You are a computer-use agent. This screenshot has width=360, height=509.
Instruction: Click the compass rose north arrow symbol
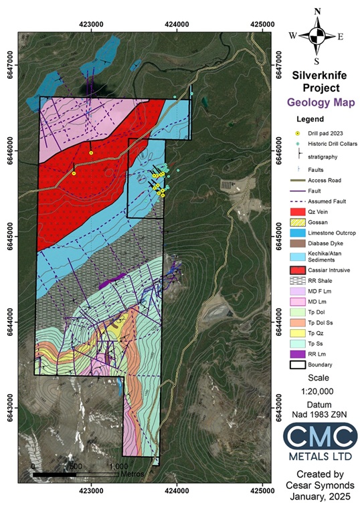point(317,35)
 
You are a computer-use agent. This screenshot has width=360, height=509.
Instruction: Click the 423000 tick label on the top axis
point(91,25)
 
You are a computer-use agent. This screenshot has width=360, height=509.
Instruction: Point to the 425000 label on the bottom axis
point(262,488)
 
